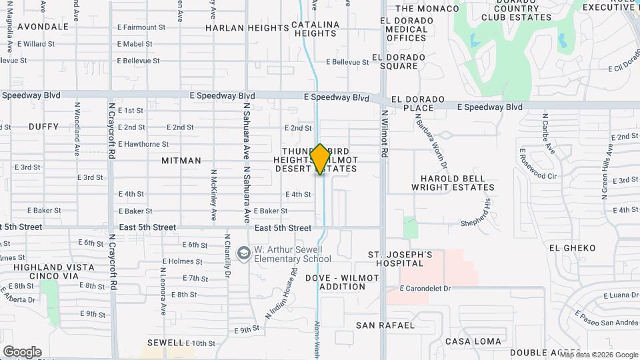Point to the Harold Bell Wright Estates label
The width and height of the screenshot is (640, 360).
(x=457, y=183)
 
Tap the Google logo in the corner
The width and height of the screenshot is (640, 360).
(x=22, y=352)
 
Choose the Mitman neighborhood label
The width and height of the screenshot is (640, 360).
(x=181, y=161)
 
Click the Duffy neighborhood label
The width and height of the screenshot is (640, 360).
(x=44, y=127)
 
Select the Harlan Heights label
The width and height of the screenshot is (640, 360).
(x=237, y=28)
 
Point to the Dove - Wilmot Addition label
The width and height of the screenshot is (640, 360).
(x=335, y=282)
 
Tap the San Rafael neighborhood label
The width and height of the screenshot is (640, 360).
(x=385, y=325)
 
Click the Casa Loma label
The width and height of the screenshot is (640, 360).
(x=473, y=341)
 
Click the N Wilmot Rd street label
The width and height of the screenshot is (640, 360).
(x=385, y=133)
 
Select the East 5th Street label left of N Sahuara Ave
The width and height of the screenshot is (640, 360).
(x=146, y=227)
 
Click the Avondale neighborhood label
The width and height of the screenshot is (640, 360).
(x=43, y=27)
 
